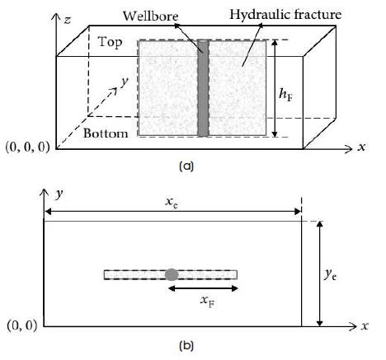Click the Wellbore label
coord(150,16)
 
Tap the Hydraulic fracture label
coord(285,15)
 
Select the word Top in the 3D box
coord(110,42)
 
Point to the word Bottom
coord(106,133)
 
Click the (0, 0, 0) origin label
coord(28,147)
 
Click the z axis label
coord(68,20)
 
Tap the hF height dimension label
coord(285,96)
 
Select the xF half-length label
coord(208,302)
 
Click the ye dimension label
coord(330,274)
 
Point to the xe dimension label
coord(172,203)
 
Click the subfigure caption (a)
coord(186,166)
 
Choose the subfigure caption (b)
coord(186,346)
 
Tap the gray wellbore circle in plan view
coord(172,274)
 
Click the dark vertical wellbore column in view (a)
coord(203,88)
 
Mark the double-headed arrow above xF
coord(203,288)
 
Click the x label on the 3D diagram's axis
coord(361,147)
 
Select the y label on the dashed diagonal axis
coord(125,82)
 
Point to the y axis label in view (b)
coord(59,194)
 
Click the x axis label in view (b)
coord(365,326)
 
